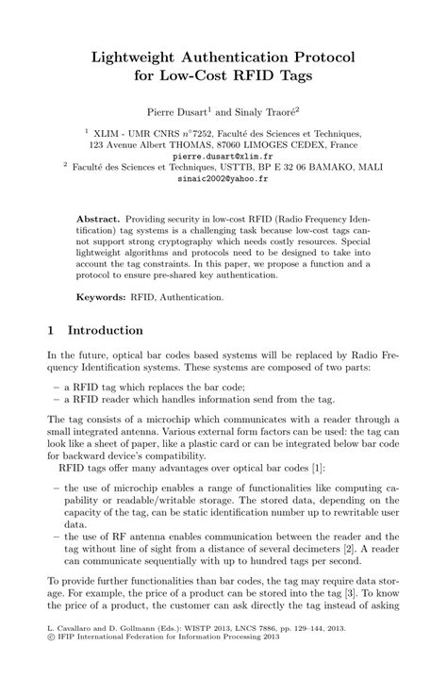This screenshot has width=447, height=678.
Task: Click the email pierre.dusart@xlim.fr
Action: point(223,157)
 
